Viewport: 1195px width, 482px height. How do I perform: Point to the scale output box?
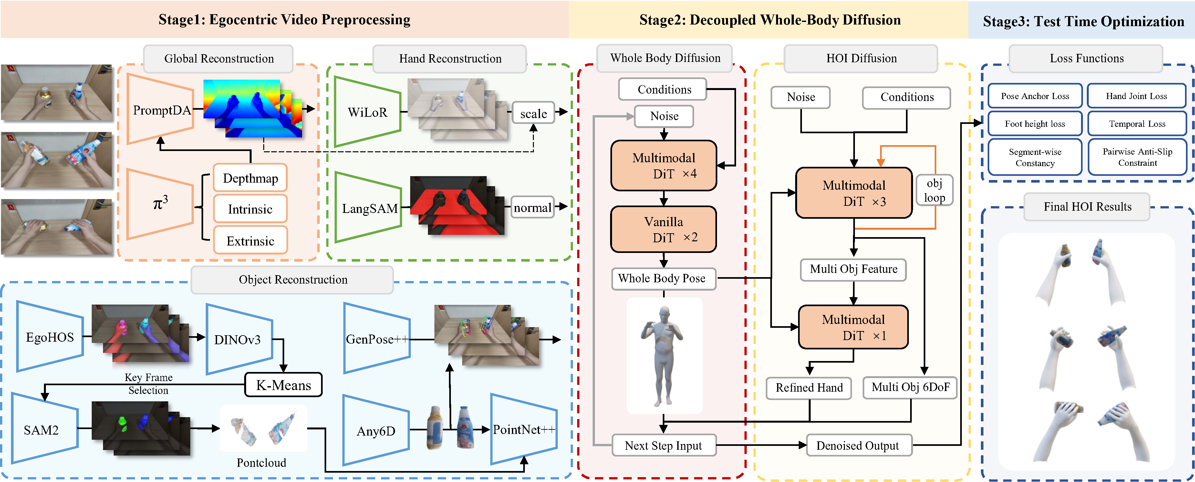[534, 114]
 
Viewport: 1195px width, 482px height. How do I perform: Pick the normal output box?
[533, 208]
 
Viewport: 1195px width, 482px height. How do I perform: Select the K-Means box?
[284, 385]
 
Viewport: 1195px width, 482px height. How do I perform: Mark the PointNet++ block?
[523, 430]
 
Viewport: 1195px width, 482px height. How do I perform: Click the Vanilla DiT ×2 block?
[664, 229]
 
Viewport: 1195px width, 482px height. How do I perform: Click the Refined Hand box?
[809, 388]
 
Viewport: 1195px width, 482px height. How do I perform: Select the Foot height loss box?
[1034, 124]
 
